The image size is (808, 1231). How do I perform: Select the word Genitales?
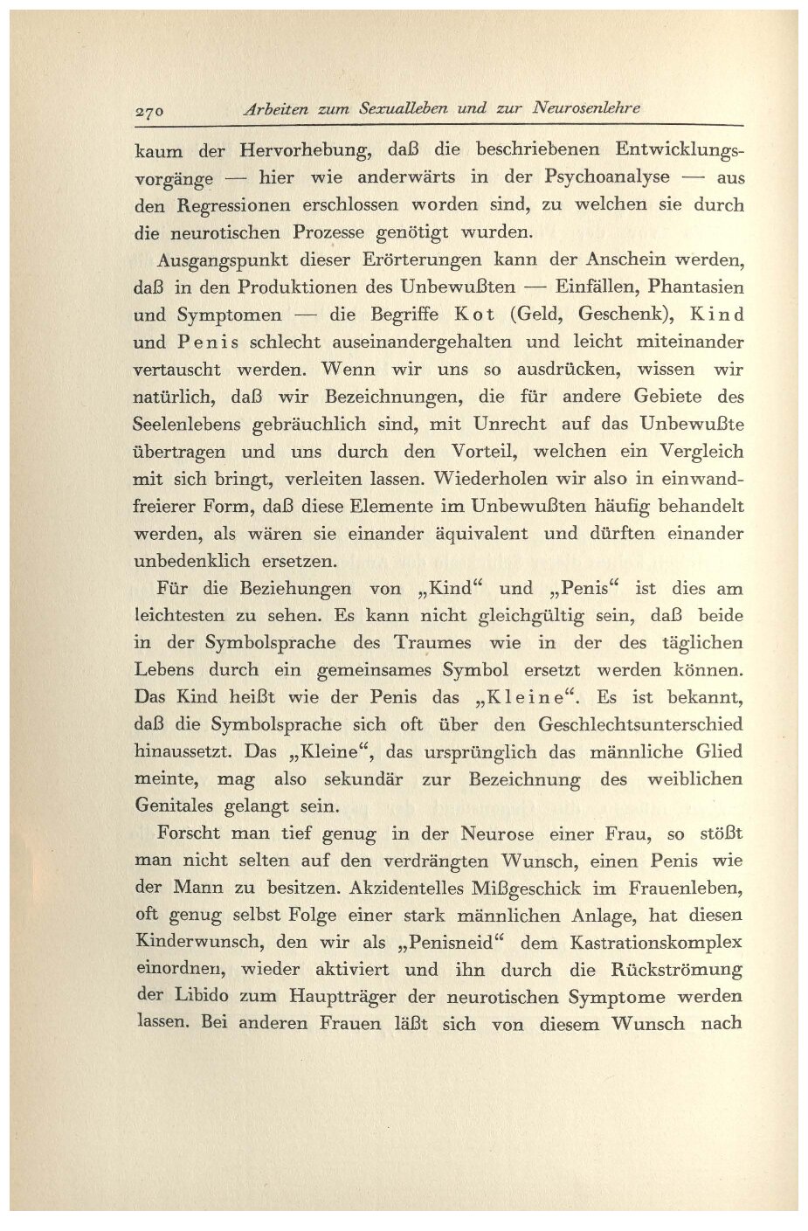coord(182,806)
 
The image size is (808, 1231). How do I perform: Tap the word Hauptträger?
coord(346,997)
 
